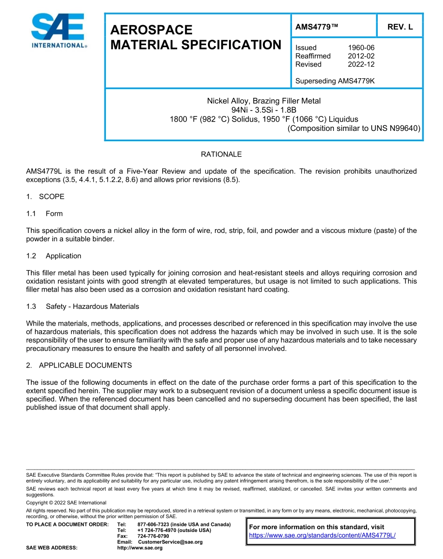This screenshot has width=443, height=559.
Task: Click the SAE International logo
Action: tap(58, 31)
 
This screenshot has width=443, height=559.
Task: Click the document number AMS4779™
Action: tap(317, 27)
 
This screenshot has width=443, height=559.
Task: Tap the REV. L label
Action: tap(400, 27)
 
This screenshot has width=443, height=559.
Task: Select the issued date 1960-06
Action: tap(361, 48)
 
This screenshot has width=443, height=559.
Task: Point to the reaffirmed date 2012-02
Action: tap(361, 56)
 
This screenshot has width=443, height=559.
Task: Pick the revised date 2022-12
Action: tap(361, 64)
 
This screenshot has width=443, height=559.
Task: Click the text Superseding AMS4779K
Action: tap(335, 81)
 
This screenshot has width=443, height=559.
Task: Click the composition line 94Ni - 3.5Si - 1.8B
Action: tap(263, 110)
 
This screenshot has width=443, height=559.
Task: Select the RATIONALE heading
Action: tap(221, 154)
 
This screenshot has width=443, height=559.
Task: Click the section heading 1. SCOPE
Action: tap(45, 197)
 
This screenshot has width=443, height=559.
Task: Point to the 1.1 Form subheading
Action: tap(44, 214)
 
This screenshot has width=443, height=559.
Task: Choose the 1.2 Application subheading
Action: tap(54, 256)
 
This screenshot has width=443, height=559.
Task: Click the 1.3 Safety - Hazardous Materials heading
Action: tap(83, 307)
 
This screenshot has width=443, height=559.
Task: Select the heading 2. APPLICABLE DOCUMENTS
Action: tap(79, 365)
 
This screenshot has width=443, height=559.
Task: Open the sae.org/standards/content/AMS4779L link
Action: tap(322, 535)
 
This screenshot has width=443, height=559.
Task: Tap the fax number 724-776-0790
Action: tap(153, 536)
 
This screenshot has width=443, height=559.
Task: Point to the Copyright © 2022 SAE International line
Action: tap(66, 503)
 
